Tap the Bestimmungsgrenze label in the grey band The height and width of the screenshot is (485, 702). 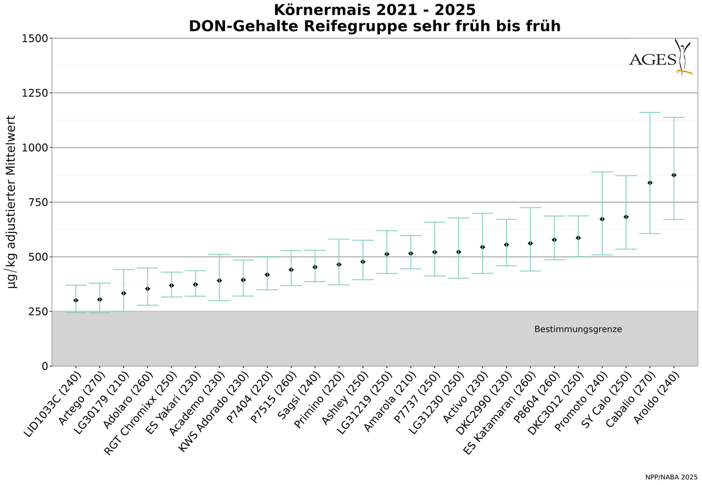pos(577,330)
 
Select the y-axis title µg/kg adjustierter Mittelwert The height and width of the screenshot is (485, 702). pos(13,202)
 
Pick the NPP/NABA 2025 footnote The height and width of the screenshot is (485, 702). pos(671,477)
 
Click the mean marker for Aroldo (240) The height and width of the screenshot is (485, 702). pos(674,175)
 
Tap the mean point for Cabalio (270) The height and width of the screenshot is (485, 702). pos(650,183)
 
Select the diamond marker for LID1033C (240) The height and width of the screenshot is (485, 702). pos(76,300)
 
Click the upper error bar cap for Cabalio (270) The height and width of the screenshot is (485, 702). pos(650,112)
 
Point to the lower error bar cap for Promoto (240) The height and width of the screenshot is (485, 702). pos(602,255)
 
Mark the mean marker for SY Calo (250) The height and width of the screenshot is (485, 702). pos(626,217)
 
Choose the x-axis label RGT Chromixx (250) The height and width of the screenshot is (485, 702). pos(144,410)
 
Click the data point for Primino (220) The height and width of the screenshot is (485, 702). pos(339,264)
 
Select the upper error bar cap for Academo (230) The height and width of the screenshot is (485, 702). pos(219,254)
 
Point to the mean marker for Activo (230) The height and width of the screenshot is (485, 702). pos(483,247)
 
